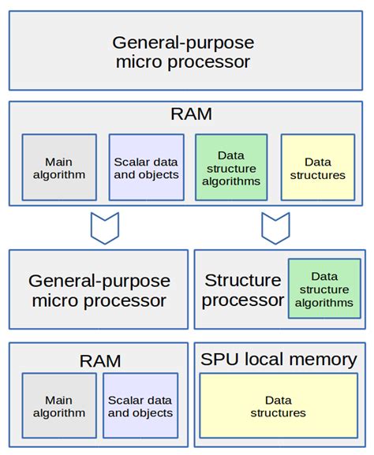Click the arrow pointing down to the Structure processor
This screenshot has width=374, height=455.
[x=276, y=227]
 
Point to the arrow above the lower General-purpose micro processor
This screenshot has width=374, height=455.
[x=105, y=227]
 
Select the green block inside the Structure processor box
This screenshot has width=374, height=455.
[x=324, y=289]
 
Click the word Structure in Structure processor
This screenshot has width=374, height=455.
[x=242, y=281]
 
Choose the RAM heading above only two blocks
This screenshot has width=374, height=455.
[x=99, y=361]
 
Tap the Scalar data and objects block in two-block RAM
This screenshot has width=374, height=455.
[x=140, y=407]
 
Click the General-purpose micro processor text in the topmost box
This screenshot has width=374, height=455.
[x=186, y=52]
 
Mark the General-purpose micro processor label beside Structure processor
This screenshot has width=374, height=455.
[x=99, y=290]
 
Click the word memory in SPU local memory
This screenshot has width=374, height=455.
[x=322, y=360]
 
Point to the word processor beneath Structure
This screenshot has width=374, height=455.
[x=244, y=300]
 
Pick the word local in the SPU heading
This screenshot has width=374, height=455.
[x=265, y=360]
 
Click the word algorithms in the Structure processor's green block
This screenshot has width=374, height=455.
[x=324, y=302]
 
